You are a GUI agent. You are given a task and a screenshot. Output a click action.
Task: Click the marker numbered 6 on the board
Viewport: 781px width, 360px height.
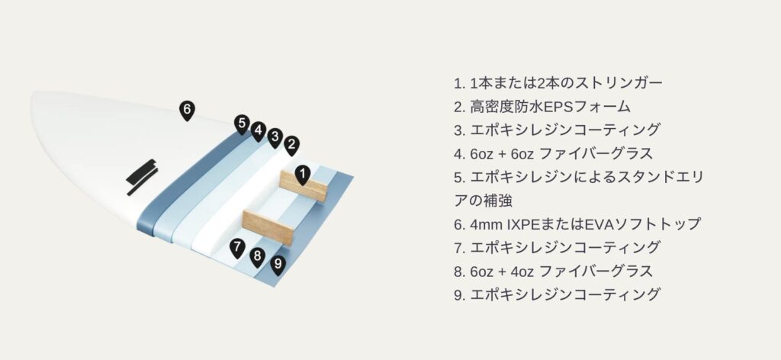187,111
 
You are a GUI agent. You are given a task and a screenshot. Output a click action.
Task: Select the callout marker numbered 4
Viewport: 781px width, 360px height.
258,131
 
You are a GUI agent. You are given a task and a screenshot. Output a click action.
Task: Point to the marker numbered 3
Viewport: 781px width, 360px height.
275,138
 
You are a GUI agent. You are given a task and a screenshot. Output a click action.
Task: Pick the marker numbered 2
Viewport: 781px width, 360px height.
292,146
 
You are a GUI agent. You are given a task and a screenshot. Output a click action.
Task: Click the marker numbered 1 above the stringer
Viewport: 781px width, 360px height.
302,175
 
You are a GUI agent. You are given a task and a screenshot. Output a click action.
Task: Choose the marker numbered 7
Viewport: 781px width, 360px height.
237,248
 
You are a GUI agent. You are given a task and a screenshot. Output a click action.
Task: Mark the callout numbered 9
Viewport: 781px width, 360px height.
278,265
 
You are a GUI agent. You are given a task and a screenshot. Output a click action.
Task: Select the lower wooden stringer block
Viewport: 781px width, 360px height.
268,228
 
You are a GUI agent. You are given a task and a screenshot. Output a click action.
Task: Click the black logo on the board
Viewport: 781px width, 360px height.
142,177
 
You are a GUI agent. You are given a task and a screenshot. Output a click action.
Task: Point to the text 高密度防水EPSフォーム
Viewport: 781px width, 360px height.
550,107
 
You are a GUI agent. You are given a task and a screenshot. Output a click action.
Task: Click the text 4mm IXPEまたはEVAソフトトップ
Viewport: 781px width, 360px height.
585,224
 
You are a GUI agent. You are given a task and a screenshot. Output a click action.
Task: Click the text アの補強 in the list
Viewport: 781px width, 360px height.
483,201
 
